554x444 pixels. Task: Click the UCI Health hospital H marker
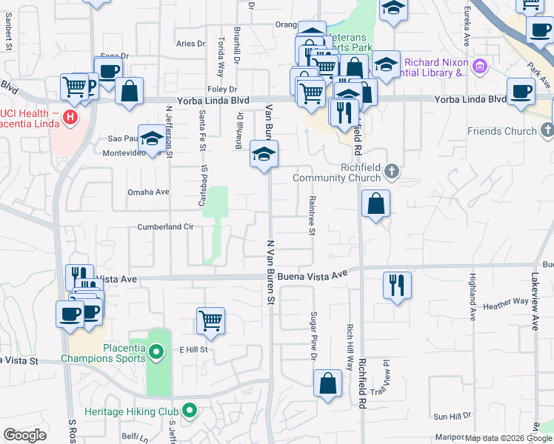click(x=70, y=116)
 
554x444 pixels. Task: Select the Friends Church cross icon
click(x=547, y=131)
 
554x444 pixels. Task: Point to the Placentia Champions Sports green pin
click(x=156, y=352)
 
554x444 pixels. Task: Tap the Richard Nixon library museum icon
click(x=480, y=68)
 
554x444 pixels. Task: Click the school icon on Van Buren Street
click(x=261, y=154)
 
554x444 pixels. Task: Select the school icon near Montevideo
click(x=153, y=138)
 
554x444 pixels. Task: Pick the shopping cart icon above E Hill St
click(x=211, y=320)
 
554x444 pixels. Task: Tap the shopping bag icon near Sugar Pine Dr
click(x=327, y=383)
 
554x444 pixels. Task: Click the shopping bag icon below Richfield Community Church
click(x=376, y=203)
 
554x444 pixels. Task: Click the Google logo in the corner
click(x=24, y=435)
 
